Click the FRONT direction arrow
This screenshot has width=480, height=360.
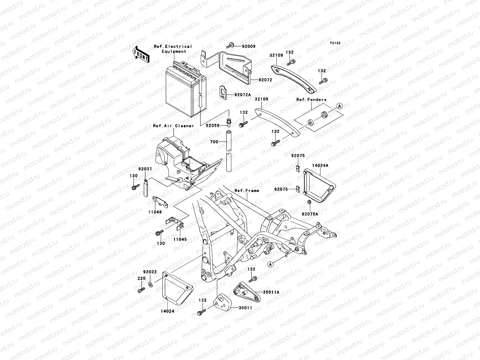click(x=141, y=54)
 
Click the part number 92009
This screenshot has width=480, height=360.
click(x=249, y=46)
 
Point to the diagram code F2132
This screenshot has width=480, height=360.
click(x=335, y=43)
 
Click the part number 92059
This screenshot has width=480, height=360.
click(x=213, y=126)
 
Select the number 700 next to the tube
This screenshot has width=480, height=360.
click(x=214, y=142)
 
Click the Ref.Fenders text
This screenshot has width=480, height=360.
click(x=311, y=100)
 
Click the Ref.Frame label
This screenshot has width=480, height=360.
click(x=247, y=190)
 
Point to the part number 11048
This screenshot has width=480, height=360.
click(x=155, y=212)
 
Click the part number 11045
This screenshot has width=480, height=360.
click(x=179, y=239)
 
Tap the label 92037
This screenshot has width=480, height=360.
click(x=145, y=169)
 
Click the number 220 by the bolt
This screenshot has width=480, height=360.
click(x=142, y=278)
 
